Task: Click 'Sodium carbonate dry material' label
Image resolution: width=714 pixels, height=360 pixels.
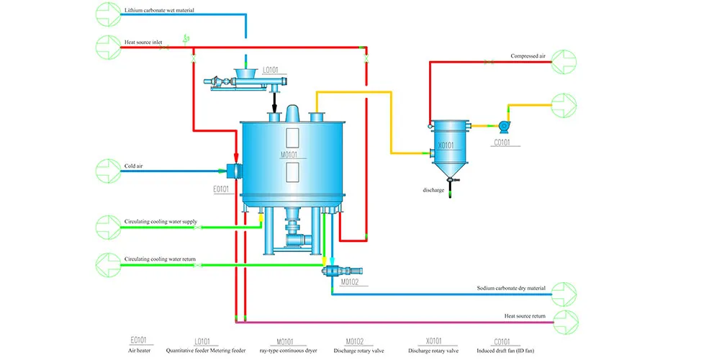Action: (x=511, y=288)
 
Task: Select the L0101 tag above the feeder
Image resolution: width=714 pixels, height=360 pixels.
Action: (x=271, y=70)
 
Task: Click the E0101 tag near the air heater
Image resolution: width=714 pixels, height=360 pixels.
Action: (x=220, y=189)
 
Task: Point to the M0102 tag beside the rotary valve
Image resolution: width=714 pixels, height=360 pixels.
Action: (x=349, y=282)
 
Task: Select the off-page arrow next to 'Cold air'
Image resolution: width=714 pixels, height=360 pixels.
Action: (x=109, y=170)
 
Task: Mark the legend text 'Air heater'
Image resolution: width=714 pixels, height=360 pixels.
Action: (x=138, y=351)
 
